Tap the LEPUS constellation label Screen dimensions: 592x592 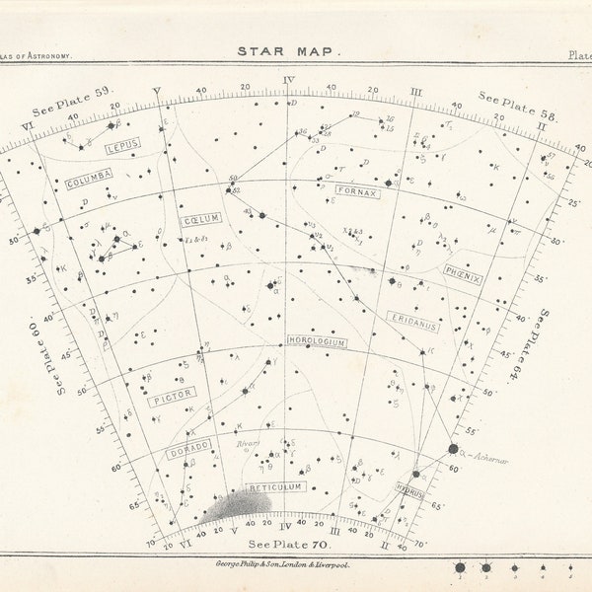(x=122, y=145)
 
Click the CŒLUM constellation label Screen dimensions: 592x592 (x=202, y=219)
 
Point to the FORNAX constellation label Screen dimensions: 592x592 (x=356, y=192)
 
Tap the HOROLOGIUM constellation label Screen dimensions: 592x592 (x=317, y=341)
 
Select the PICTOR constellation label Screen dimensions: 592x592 (x=171, y=399)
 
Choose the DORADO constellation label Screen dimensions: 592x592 (x=187, y=448)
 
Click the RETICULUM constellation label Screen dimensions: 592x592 (x=274, y=487)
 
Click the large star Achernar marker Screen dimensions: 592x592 (x=454, y=449)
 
